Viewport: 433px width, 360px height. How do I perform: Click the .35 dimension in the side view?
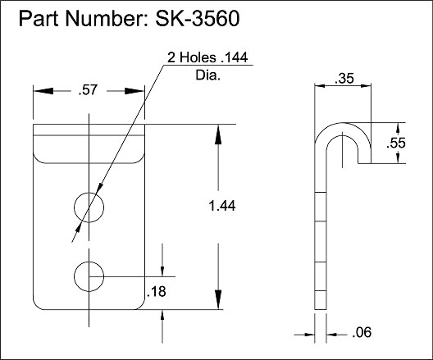(344, 80)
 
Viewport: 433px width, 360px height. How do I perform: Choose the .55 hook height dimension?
(397, 144)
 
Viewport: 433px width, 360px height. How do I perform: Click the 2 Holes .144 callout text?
(207, 57)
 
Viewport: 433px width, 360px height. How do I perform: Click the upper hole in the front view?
(89, 207)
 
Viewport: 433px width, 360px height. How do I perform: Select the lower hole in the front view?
(89, 276)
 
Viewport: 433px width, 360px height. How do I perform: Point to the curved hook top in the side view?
(344, 130)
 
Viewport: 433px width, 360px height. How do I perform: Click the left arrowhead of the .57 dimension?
(40, 92)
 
